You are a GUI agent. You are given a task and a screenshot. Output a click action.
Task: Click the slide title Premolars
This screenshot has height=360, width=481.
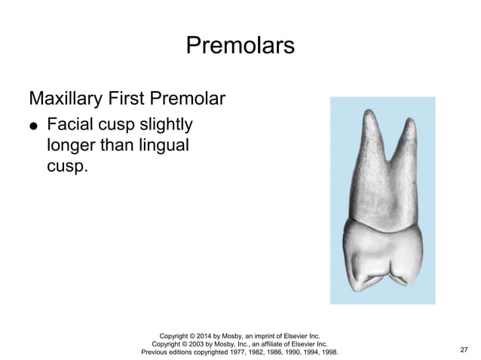click(240, 46)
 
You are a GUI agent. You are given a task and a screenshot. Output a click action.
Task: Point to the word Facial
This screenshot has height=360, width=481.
click(72, 124)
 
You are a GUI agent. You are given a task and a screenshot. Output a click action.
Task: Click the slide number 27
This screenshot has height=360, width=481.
click(463, 349)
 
